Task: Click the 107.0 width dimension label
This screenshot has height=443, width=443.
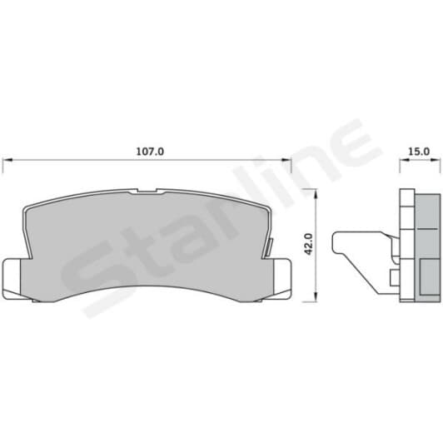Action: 150,152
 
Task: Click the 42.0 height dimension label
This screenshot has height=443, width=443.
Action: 308,244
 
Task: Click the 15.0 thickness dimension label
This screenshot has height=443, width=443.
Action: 420,152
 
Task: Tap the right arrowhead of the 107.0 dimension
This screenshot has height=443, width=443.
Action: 286,160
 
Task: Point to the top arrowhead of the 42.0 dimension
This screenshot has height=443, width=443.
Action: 316,193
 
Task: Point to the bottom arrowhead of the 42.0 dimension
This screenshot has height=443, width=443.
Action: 316,297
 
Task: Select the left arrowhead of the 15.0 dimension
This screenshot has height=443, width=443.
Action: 405,160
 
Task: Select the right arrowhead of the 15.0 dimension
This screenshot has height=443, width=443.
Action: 436,160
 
